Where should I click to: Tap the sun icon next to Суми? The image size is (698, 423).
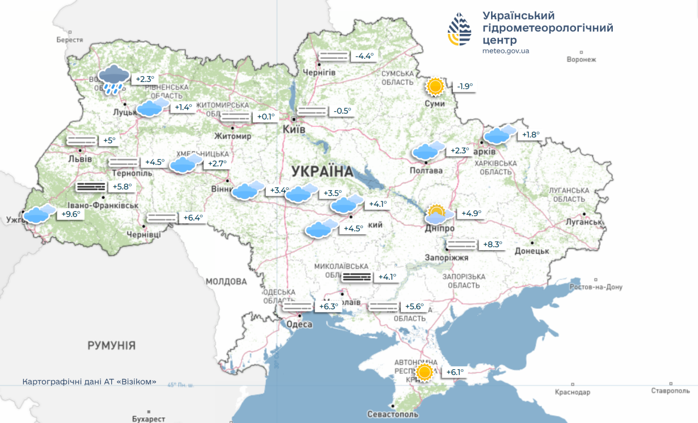[x=435, y=87]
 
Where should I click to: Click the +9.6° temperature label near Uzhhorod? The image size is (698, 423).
[x=70, y=214]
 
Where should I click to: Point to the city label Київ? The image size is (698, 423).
[x=294, y=129]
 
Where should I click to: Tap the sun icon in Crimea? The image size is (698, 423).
[x=424, y=372]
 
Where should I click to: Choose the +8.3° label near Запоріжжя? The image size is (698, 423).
[x=492, y=245]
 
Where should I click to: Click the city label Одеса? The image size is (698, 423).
[x=299, y=325]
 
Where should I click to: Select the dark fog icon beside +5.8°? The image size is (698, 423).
[x=91, y=187]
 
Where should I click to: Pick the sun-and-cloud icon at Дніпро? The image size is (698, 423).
[x=438, y=214]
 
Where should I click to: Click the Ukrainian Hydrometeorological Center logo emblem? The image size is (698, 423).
[x=459, y=29]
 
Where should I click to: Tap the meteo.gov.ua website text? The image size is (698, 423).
[x=506, y=51]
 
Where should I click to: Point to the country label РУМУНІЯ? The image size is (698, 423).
[x=112, y=345]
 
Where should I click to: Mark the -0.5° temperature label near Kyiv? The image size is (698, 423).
[x=343, y=111]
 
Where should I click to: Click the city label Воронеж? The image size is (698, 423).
[x=581, y=60]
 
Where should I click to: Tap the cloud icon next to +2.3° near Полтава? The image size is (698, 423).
[x=428, y=150]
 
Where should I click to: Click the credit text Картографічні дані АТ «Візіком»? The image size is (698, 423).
[x=89, y=382]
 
